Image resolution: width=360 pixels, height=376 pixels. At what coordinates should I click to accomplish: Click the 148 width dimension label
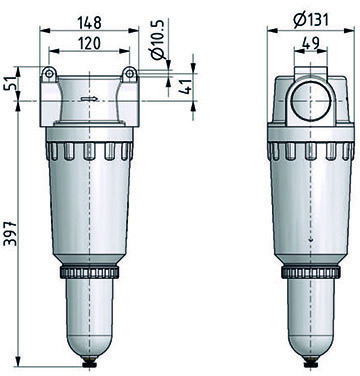89,23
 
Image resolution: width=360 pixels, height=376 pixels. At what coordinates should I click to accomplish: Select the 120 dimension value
89,43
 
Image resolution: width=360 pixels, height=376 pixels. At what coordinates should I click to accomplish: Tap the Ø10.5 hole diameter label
158,39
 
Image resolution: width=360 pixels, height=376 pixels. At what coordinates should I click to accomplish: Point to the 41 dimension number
188,87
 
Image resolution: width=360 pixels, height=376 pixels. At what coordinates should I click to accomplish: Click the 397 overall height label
10,233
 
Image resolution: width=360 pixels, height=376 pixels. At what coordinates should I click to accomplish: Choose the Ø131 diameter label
311,20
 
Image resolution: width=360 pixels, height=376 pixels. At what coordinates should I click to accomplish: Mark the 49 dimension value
310,43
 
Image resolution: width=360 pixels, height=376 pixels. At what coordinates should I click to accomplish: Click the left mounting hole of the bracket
49,74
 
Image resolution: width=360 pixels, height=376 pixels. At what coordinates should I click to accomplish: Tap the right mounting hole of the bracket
129,74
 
